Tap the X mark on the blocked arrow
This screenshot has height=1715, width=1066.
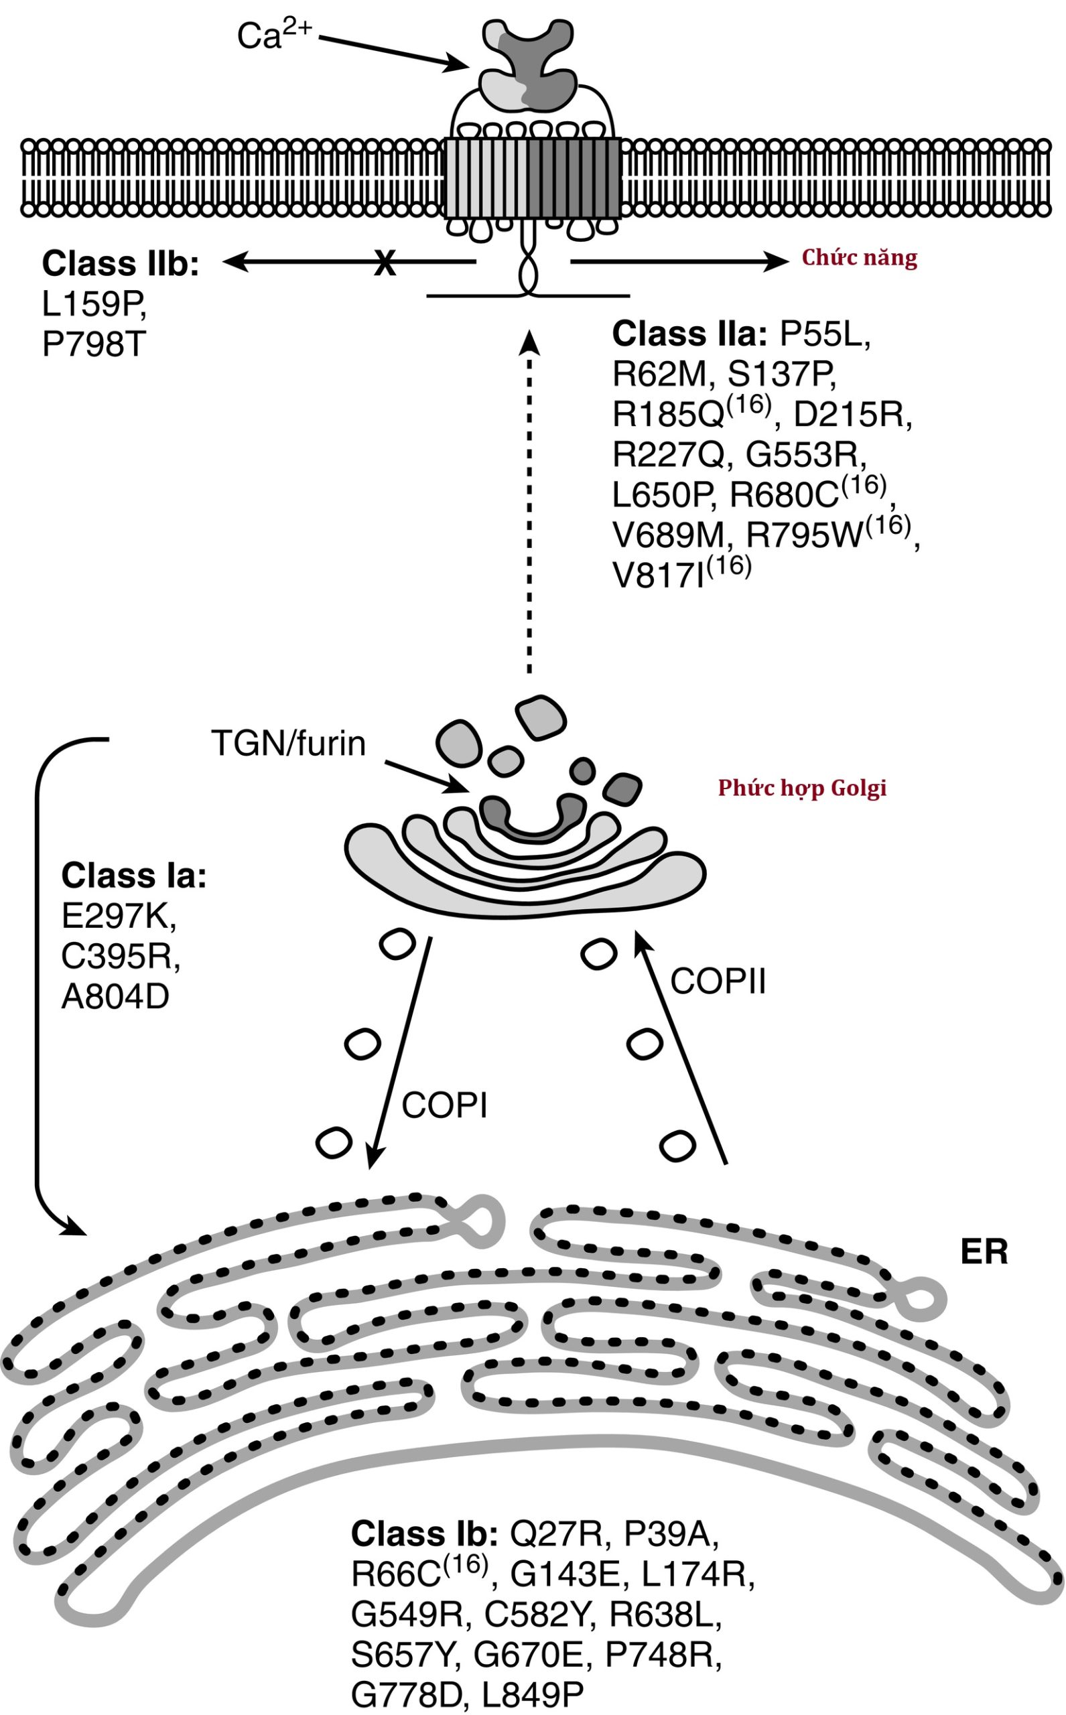(x=384, y=263)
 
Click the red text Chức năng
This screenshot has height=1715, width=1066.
(x=860, y=258)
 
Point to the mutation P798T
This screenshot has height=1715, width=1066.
(x=94, y=346)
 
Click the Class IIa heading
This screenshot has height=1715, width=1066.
(x=689, y=334)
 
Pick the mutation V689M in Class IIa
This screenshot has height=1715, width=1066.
(x=669, y=537)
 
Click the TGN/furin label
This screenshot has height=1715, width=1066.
(x=288, y=743)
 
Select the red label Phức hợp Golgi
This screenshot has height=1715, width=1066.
(x=801, y=787)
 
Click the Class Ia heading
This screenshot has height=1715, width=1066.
(x=133, y=876)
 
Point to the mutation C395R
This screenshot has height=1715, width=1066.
(x=121, y=957)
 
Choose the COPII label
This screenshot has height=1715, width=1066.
(x=718, y=981)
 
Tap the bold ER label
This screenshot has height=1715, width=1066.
(x=984, y=1252)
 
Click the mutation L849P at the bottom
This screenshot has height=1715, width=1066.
(x=533, y=1694)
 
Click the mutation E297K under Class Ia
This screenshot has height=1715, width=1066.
(x=119, y=916)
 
